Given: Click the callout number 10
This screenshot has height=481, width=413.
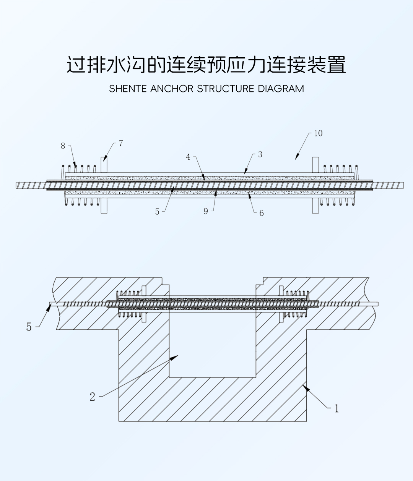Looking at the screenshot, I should point(318,133).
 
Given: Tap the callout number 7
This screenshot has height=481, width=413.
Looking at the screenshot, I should point(121,144).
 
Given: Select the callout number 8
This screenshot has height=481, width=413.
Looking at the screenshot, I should point(63,146).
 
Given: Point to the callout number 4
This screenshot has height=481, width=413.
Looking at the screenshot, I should point(188,157).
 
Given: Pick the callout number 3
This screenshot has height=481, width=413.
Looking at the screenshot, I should point(260,154).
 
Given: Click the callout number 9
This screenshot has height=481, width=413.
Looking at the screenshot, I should point(206,211).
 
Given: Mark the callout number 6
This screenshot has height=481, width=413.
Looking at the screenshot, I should point(262,213).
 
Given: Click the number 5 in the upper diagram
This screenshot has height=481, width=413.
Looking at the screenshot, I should point(157,212).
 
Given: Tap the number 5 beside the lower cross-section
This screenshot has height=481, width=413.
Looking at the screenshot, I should point(29,327).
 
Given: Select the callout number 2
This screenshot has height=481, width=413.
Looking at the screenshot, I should point(93,397).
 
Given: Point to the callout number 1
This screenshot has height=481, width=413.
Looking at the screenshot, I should point(337,409).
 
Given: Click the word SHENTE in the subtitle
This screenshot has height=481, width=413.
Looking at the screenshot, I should point(128,89).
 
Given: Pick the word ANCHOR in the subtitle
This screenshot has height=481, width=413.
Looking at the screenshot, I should point(172,89).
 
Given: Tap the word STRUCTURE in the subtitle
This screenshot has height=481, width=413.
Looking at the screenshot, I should point(226,89).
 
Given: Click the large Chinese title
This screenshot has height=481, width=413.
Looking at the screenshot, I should point(206,64).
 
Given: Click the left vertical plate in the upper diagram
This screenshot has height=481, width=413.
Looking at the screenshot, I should point(104,185).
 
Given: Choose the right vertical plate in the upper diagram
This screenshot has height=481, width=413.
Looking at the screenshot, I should point(315,185).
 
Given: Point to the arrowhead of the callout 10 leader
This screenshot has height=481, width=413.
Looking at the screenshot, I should point(296,157).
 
